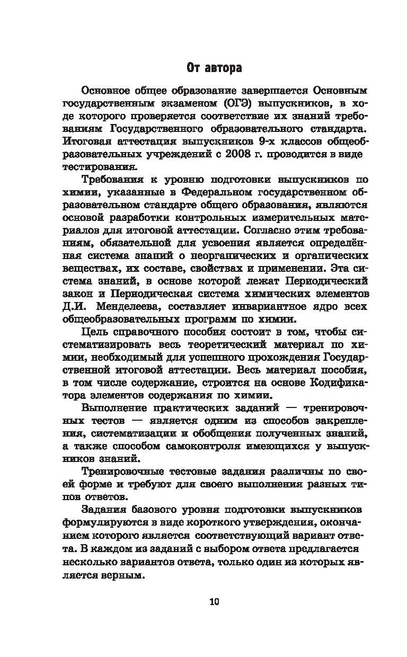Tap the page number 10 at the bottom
pyautogui.click(x=214, y=601)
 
